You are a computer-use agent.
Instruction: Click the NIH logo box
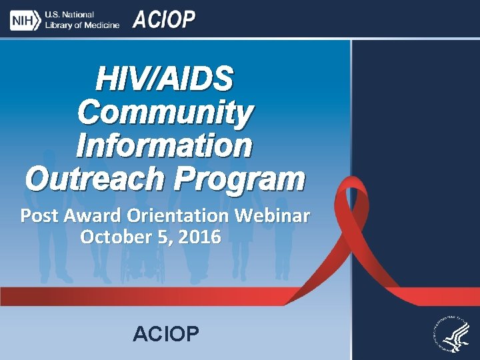point(24,20)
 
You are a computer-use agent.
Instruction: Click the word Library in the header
point(59,25)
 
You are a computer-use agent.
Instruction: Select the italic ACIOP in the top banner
point(164,20)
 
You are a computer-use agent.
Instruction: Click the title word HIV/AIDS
point(165,79)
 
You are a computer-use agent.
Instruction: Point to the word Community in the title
point(165,112)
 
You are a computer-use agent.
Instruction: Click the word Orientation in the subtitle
point(180,217)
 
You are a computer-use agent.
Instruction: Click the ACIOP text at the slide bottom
point(165,333)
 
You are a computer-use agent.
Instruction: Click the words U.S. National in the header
point(69,15)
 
